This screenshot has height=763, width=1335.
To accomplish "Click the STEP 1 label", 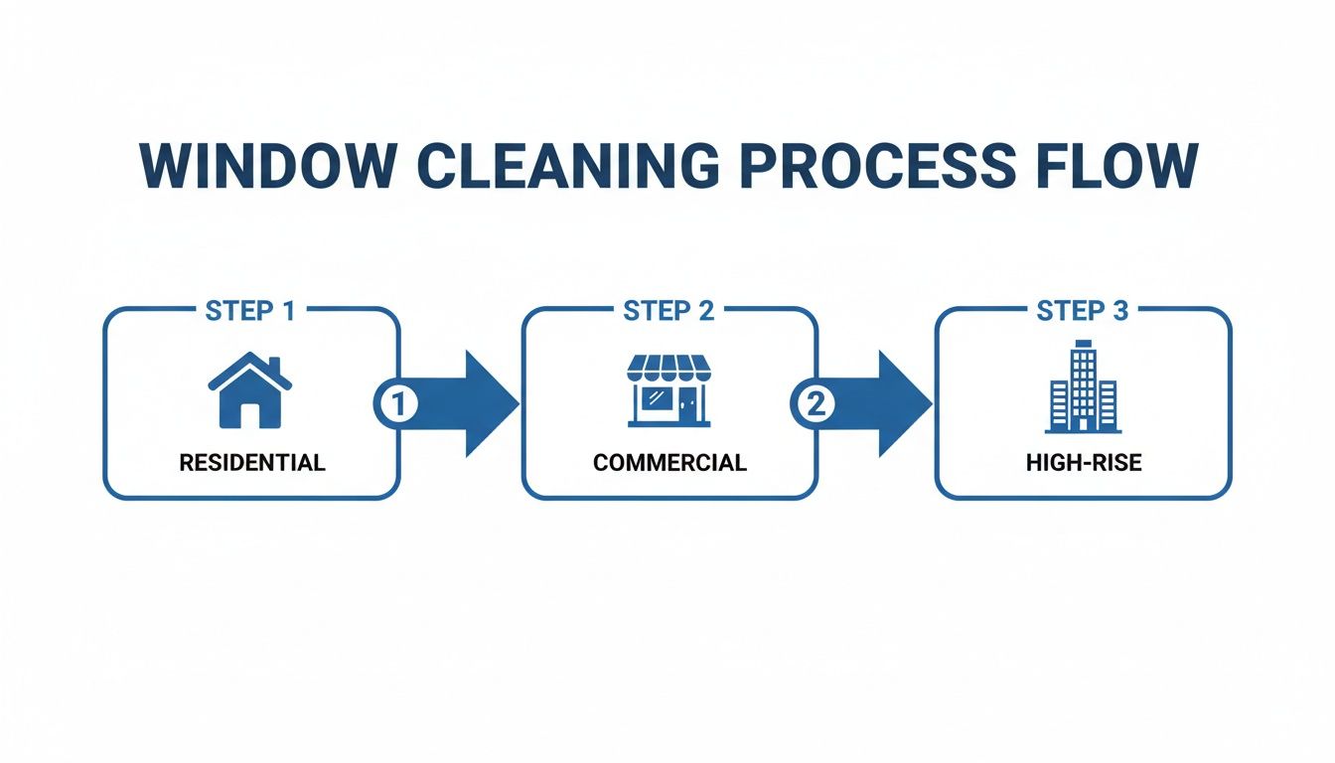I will point(250,311).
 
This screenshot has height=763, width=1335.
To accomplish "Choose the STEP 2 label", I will point(668,311).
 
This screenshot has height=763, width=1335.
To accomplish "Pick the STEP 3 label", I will point(1083,311).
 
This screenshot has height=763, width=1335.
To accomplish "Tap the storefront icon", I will point(668,391).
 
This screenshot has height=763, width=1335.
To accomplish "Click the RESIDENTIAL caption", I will point(251,463).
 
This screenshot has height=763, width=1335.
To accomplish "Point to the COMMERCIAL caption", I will point(669,463).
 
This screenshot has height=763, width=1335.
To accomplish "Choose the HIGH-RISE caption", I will point(1084,463).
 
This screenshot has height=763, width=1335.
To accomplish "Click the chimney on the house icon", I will point(273,365).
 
